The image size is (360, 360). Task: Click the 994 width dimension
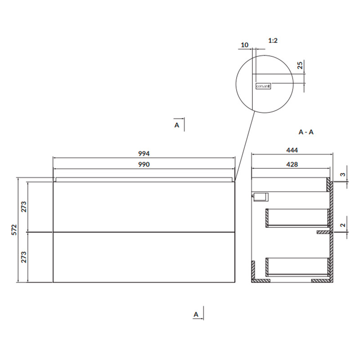click(x=144, y=153)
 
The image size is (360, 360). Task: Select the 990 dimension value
click(x=144, y=164)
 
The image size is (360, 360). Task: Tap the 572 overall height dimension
click(x=14, y=229)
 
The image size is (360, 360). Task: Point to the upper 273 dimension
click(x=24, y=207)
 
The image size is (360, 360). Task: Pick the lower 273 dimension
click(x=24, y=257)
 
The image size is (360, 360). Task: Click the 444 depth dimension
click(x=292, y=150)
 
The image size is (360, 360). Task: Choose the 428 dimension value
click(x=292, y=164)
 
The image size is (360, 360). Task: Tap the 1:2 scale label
click(x=273, y=40)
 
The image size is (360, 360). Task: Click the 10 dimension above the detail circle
click(x=244, y=45)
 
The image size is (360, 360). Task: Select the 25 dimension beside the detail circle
click(x=300, y=65)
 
